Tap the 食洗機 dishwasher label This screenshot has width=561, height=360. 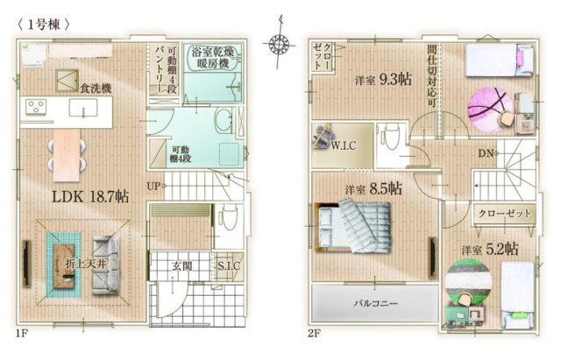pyautogui.click(x=93, y=88)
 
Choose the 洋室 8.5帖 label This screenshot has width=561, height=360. pyautogui.click(x=372, y=188)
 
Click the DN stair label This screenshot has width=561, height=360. pyautogui.click(x=486, y=154)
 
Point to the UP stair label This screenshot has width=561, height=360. pyautogui.click(x=153, y=186)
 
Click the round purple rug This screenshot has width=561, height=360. pyautogui.click(x=486, y=109)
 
